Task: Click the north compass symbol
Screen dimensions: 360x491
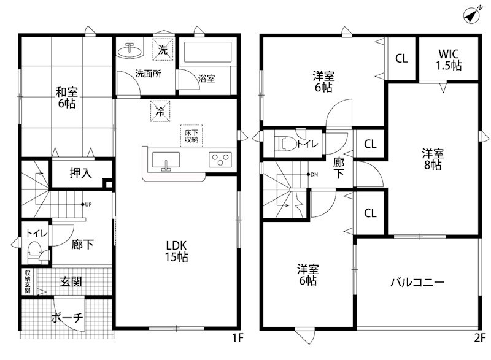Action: [x=471, y=15]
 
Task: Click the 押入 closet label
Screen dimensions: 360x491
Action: [x=80, y=174]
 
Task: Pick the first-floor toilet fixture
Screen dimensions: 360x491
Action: [x=34, y=251]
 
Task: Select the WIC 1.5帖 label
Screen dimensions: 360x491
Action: [x=449, y=59]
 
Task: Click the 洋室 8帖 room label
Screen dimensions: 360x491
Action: [x=432, y=159]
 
